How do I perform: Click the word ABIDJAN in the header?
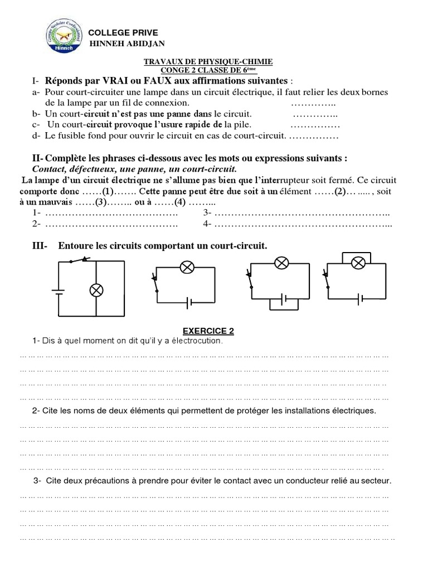(144, 44)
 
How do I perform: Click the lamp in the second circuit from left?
(187, 268)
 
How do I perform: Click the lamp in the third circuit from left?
(281, 262)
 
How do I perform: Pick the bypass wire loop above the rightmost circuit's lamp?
(360, 256)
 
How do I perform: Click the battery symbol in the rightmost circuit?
(361, 298)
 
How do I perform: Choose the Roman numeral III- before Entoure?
(40, 245)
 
